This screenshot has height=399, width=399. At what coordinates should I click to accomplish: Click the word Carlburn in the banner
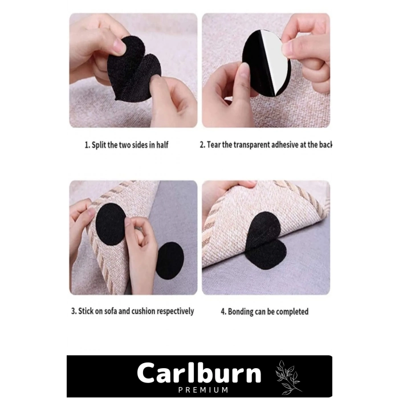199,373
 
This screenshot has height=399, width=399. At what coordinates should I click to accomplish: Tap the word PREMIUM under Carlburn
203,390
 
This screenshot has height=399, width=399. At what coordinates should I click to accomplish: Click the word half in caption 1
162,145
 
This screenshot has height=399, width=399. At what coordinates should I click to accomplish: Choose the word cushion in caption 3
143,311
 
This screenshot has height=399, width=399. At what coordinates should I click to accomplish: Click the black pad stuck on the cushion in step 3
110,225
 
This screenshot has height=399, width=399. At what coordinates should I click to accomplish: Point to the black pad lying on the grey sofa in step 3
170,260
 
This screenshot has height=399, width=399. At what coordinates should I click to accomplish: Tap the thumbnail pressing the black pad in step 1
119,46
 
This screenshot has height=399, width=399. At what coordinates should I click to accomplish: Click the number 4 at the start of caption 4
223,312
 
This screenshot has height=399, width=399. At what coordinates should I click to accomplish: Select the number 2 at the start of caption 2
202,145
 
